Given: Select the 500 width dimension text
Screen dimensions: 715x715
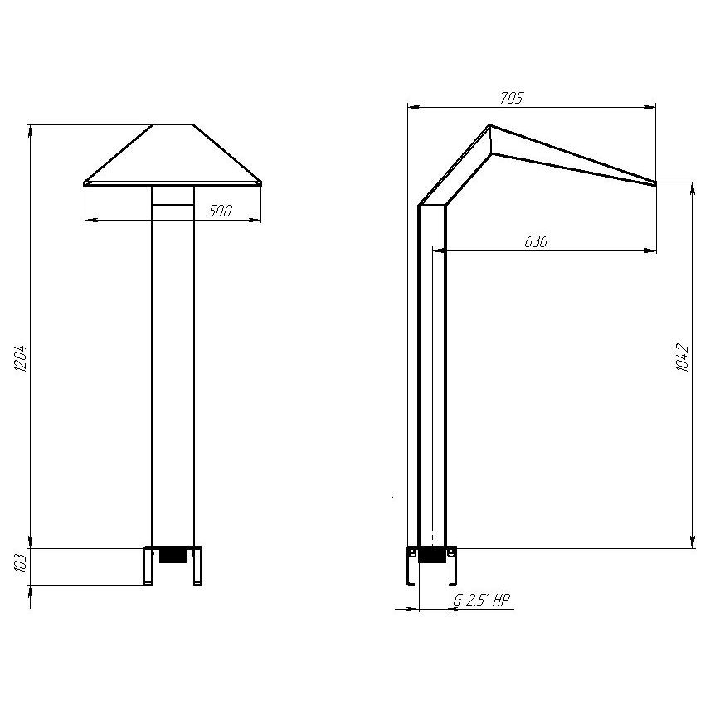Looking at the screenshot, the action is [221, 211].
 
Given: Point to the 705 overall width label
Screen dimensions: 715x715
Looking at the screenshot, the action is [512, 98].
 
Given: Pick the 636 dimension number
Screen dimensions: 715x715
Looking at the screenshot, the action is [535, 241].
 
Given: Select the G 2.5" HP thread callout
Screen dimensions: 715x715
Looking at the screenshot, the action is [481, 600].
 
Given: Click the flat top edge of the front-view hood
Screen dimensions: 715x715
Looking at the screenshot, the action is [173, 124].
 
